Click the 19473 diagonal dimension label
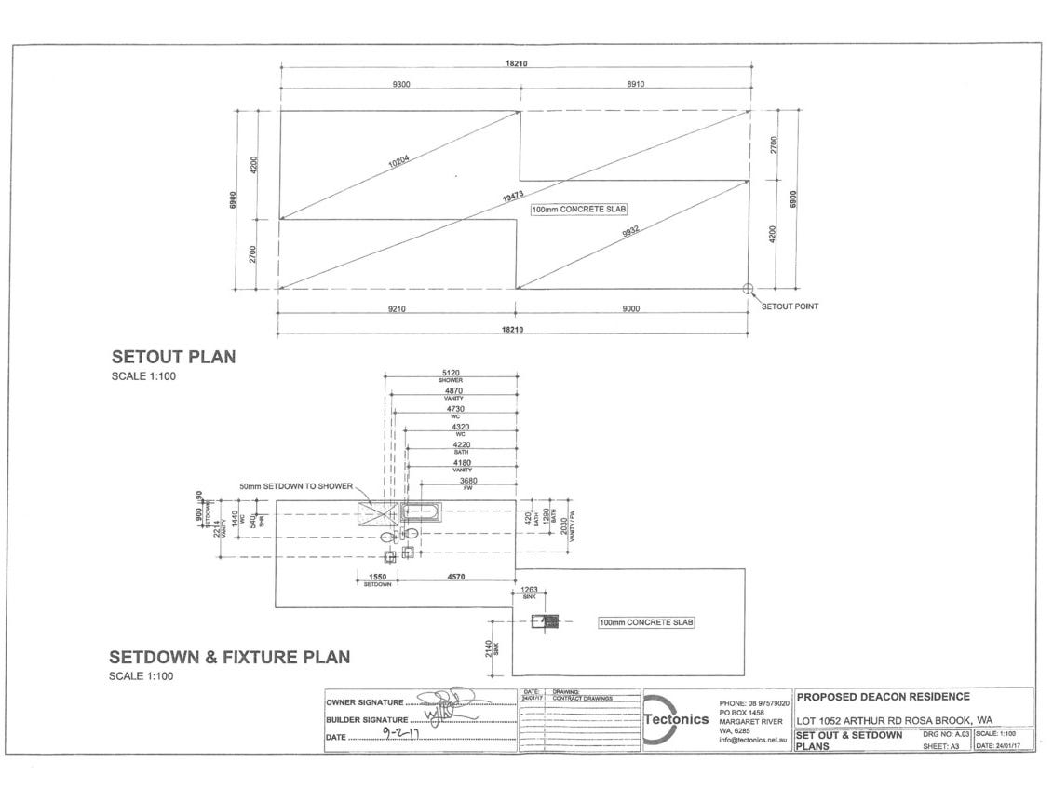[x=513, y=197]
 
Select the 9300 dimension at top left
[x=401, y=85]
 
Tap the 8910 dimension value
[x=636, y=85]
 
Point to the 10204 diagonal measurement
[x=398, y=164]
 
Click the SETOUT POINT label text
[x=790, y=306]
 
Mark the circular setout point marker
[x=748, y=289]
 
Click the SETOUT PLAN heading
[x=174, y=357]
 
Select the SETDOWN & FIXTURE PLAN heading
[x=230, y=658]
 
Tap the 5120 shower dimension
[x=451, y=373]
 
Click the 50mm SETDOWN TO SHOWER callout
[x=295, y=486]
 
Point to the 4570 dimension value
[x=456, y=578]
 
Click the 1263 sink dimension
[x=529, y=590]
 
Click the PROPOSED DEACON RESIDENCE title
[x=871, y=697]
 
